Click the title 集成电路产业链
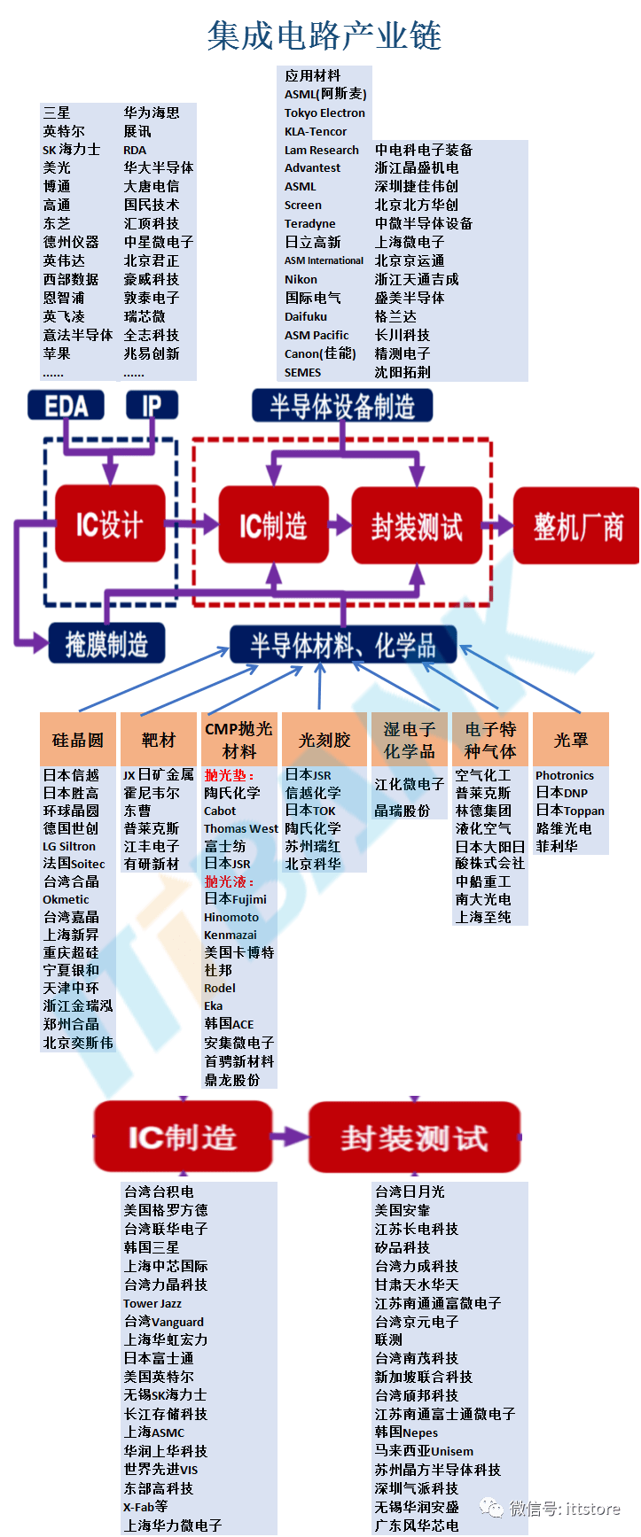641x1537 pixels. (x=324, y=36)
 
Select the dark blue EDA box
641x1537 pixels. (x=66, y=407)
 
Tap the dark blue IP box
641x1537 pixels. (x=152, y=407)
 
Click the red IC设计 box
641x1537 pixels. (x=110, y=524)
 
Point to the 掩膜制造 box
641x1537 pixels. (x=107, y=644)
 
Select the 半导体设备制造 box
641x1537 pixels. (x=342, y=407)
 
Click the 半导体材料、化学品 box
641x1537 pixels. (x=343, y=645)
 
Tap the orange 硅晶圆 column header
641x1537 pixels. (x=78, y=740)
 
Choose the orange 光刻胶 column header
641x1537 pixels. (x=324, y=740)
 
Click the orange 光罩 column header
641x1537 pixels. (x=571, y=740)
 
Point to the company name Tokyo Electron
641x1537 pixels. (x=324, y=113)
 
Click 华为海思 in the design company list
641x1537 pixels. (x=152, y=113)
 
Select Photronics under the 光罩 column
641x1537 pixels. (x=565, y=775)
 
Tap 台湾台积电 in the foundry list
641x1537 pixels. (x=159, y=1192)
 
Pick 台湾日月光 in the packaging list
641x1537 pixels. (x=410, y=1192)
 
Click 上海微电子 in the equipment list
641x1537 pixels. (x=410, y=242)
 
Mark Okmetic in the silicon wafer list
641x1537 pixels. (x=66, y=899)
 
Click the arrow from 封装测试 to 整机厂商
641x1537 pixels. (x=498, y=526)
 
